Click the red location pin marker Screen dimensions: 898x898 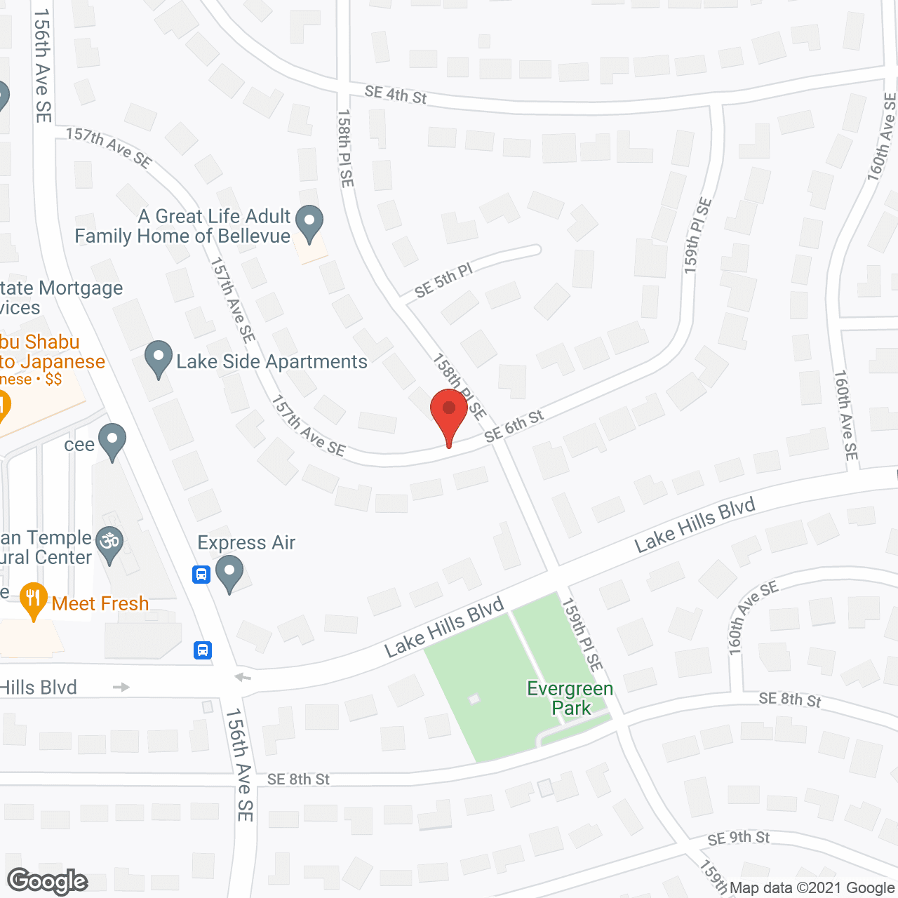449,414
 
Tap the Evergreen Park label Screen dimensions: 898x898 570,698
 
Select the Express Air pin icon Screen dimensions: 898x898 229,573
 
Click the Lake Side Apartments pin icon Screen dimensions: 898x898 159,358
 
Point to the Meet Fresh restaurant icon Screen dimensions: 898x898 33,601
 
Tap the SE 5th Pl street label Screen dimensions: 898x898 443,281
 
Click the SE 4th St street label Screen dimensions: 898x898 396,94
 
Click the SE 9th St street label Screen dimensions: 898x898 738,838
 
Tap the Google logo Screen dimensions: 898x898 48,881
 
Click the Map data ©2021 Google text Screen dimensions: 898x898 812,888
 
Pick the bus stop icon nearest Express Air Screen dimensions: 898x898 201,575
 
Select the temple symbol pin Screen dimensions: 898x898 109,543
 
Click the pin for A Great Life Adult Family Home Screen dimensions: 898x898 309,223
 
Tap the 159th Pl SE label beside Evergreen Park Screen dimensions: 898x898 582,634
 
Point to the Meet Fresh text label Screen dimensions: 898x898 100,603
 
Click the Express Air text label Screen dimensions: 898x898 246,542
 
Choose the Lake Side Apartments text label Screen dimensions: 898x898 272,361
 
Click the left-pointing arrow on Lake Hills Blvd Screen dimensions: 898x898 243,677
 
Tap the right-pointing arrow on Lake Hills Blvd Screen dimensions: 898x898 121,687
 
